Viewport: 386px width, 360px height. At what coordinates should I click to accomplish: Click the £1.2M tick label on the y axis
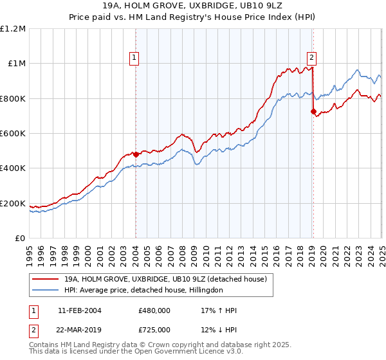[13, 29]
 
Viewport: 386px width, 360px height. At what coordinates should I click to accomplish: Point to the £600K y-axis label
[13, 134]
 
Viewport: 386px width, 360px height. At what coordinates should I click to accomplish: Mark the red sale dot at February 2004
[136, 155]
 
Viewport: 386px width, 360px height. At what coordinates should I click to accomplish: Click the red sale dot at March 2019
[313, 112]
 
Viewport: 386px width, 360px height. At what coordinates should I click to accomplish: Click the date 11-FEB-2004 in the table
[79, 310]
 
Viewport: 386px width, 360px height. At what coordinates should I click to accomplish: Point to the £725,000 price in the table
[154, 329]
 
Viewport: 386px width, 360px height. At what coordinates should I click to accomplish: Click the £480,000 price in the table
[154, 310]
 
